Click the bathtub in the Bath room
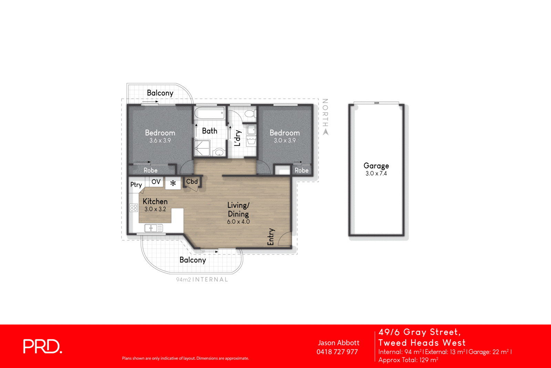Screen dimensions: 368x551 [209, 113]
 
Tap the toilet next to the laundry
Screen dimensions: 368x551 [250, 113]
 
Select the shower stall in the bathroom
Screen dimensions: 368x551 [202, 148]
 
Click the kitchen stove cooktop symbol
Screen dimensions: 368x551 [134, 207]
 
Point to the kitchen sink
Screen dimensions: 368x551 [153, 228]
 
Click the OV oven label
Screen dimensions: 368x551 [156, 182]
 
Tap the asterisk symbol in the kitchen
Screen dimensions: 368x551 [173, 183]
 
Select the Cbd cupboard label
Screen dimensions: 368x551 [192, 181]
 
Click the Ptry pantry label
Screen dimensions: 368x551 [136, 185]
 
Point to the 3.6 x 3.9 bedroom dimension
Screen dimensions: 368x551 [160, 141]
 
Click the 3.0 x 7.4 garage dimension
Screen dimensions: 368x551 [376, 173]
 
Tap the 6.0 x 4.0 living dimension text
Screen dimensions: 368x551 [238, 222]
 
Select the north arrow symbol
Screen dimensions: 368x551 [325, 132]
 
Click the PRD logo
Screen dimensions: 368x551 [42, 346]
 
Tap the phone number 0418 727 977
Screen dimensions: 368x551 [337, 352]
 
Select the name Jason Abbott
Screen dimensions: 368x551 [339, 343]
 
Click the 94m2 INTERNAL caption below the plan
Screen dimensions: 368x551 [202, 279]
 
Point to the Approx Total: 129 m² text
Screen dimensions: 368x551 [408, 360]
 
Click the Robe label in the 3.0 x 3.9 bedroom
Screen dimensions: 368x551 [301, 170]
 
